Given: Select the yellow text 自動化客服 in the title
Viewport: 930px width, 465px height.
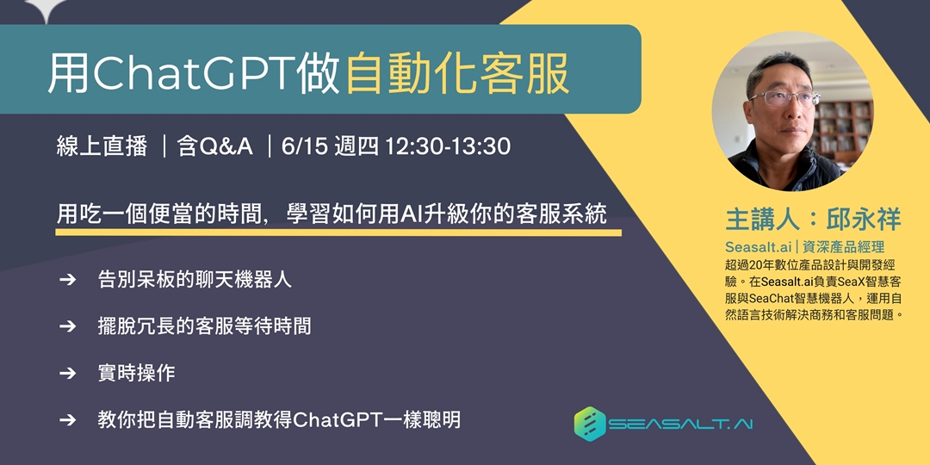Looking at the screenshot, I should click(x=457, y=73).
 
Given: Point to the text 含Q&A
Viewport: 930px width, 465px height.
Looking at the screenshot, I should click(x=215, y=146).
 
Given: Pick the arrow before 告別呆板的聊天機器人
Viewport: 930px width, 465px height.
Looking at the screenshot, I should click(x=67, y=281).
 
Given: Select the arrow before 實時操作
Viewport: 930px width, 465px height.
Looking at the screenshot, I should click(x=67, y=373).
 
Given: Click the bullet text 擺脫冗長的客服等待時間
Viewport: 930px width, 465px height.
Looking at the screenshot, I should click(x=205, y=326).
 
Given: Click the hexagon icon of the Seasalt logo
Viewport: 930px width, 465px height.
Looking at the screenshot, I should click(x=591, y=424).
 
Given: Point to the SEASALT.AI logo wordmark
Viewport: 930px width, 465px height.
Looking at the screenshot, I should click(x=680, y=425).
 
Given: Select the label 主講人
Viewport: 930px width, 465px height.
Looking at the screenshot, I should click(x=761, y=219).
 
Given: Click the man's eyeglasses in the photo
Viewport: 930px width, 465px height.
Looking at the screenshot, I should click(x=784, y=97).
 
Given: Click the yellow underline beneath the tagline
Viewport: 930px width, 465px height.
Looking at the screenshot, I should click(x=338, y=232).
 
